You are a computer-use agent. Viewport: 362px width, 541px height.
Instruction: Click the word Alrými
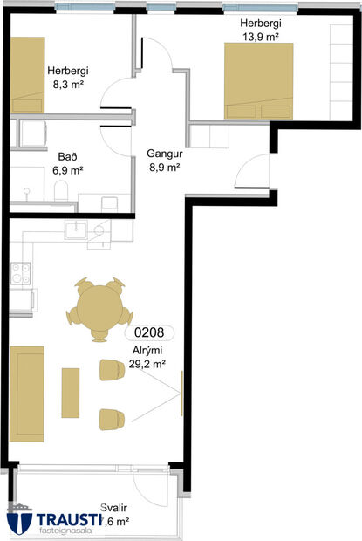tap(147, 352)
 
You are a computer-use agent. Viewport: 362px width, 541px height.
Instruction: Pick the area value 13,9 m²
tap(261, 38)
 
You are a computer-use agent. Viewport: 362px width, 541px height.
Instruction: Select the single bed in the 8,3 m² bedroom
tap(27, 74)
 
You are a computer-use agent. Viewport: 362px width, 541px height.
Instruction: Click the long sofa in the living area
tap(27, 392)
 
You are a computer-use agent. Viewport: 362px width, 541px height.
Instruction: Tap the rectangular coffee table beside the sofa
tap(71, 393)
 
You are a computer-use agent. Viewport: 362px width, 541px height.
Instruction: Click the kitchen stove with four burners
tap(19, 272)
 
